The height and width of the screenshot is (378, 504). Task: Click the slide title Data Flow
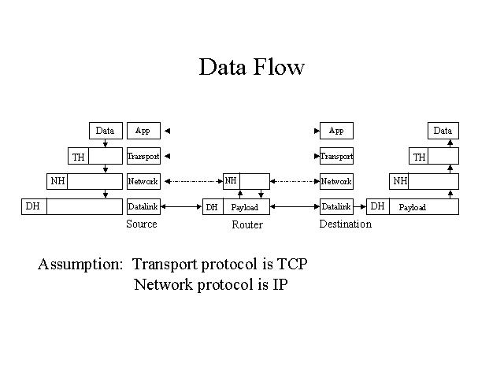pos(251,67)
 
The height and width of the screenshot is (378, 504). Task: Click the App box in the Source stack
pos(143,131)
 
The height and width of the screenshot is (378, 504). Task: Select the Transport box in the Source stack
pos(143,156)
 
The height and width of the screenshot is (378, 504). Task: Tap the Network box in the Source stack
pos(143,181)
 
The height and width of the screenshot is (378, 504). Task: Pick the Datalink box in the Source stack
pos(143,206)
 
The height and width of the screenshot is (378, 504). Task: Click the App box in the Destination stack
pos(336,131)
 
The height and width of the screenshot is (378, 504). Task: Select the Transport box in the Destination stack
pos(336,156)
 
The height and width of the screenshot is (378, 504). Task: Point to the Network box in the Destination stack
pos(336,181)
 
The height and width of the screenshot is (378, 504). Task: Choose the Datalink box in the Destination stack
pos(336,206)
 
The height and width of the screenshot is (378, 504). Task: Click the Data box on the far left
pos(105,131)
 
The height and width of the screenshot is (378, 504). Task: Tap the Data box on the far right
pos(443,131)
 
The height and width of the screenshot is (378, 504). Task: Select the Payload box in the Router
pos(245,207)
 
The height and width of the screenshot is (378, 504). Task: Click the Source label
pos(142,224)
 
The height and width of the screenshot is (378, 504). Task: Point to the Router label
pos(246,224)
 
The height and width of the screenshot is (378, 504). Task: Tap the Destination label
pos(345,224)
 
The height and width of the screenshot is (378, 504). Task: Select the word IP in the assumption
pos(280,284)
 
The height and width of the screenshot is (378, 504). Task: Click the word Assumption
pos(80,265)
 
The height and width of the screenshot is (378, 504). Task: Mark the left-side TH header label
pos(79,157)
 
